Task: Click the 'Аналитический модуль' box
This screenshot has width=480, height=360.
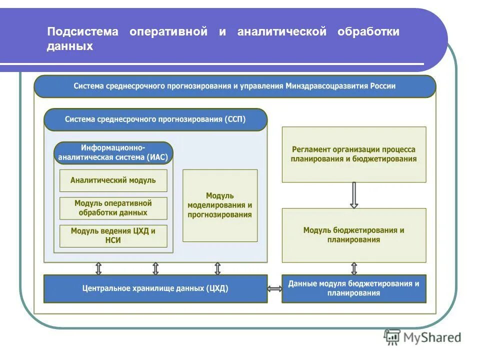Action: coord(113,180)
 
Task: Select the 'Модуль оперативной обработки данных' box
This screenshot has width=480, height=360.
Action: coord(113,208)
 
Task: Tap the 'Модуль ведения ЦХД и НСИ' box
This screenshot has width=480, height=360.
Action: coord(113,236)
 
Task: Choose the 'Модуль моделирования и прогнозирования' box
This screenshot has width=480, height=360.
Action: coord(220,205)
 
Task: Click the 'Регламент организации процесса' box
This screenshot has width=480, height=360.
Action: coord(354,154)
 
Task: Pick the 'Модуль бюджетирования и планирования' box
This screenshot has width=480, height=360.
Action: coord(354,235)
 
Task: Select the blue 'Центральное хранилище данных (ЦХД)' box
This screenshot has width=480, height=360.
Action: coord(155,288)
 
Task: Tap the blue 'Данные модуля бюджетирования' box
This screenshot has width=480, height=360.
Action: coord(354,288)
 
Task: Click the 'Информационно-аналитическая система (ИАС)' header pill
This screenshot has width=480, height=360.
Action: coord(113,153)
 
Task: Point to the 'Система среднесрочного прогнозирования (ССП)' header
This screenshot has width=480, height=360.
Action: coord(155,120)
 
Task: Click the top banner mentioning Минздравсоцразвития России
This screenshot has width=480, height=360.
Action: coord(234,86)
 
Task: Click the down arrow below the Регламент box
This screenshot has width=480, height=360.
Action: coord(354,195)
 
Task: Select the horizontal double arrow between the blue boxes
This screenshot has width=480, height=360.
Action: coord(274,288)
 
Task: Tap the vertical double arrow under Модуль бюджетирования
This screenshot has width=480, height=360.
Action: coord(354,268)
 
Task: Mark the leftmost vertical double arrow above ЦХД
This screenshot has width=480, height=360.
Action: coord(98,268)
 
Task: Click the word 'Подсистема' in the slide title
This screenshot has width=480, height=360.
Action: coord(83,32)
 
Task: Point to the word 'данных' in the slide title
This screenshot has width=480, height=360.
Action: coord(70,46)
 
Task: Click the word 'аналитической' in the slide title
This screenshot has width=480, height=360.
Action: coord(282,32)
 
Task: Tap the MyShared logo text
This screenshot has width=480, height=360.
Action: coord(432,337)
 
